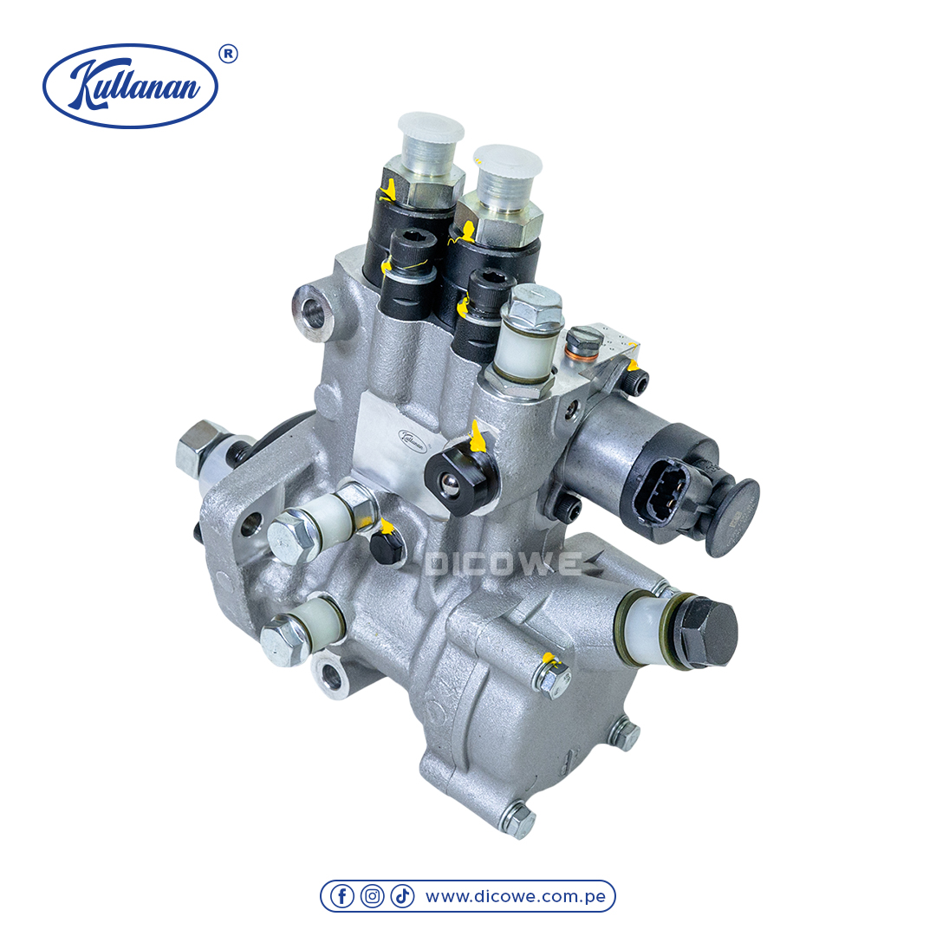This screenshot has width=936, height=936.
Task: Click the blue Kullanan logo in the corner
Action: coord(130,85)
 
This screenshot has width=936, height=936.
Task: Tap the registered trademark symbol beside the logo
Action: coord(228,55)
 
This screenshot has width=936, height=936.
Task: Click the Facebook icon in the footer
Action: coord(342,896)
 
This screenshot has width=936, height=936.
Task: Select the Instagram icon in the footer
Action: coord(372,896)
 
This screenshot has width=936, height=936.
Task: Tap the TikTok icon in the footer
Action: coord(402,896)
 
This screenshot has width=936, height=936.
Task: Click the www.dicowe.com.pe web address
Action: coord(516,897)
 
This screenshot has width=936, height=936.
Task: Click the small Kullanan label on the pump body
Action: coord(413,440)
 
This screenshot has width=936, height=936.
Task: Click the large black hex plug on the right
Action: coord(708,632)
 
